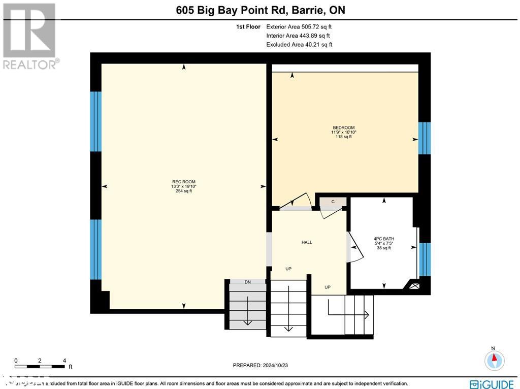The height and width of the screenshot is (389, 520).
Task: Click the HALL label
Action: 307,242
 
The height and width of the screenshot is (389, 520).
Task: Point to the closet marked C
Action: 333,202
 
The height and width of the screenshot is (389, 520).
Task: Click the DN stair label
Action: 247,282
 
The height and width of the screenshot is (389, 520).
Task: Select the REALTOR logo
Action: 30,36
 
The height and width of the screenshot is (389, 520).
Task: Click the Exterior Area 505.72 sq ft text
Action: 299,27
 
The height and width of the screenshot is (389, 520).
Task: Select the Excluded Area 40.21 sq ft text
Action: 299,45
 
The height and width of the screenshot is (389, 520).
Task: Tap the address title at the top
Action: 260,10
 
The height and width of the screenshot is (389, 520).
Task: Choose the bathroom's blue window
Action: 426,260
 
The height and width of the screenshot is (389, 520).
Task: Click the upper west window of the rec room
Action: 95,121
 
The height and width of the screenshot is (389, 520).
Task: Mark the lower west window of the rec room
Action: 95,249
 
